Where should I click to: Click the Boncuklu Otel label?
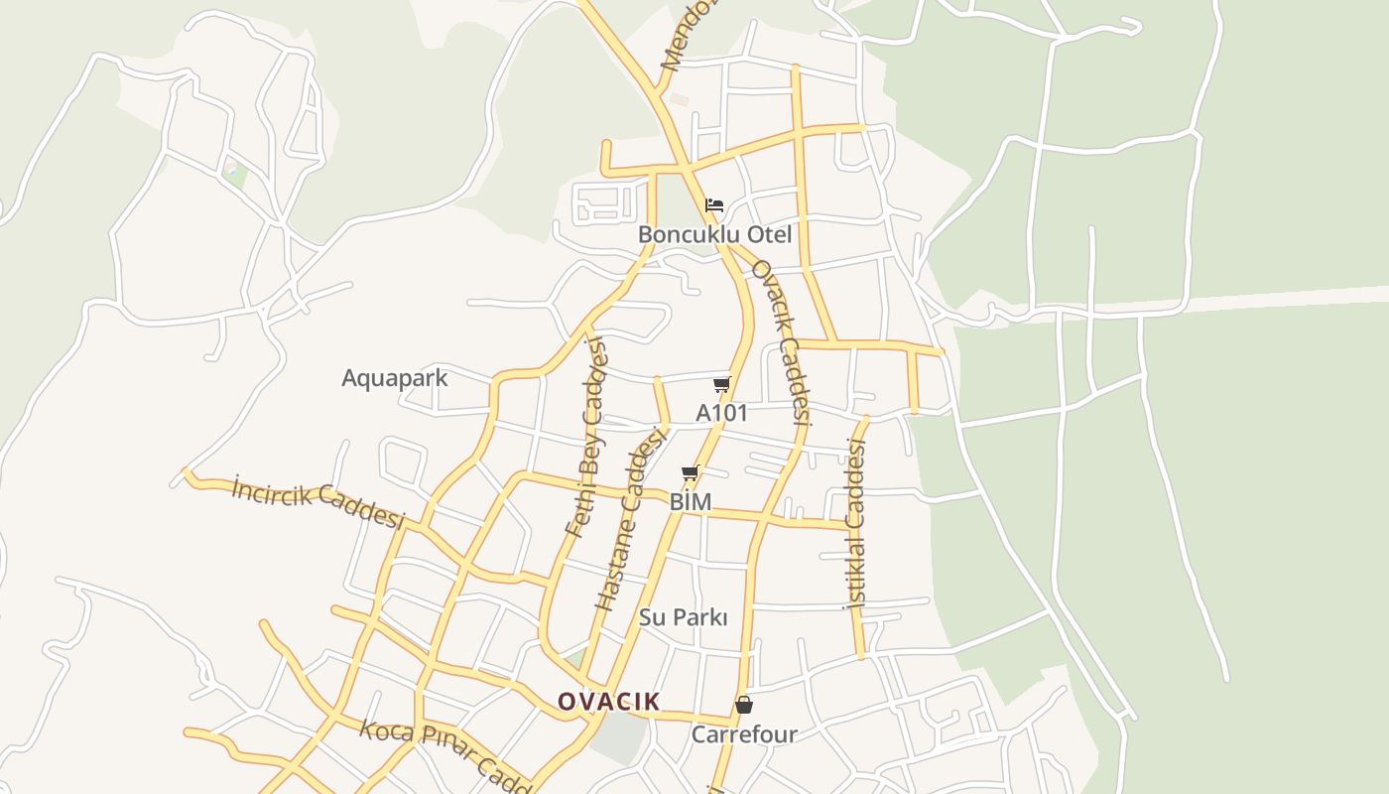point(714,235)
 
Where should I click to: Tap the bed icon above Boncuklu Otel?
point(714,206)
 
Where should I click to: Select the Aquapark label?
point(395,378)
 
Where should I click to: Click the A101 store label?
point(721,413)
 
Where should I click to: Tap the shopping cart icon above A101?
point(721,385)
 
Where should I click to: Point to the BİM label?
point(691,502)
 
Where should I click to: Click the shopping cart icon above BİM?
point(691,473)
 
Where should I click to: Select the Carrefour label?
point(744,734)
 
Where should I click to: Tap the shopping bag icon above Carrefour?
point(744,706)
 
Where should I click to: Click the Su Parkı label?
point(684,617)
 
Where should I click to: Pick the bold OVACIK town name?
point(608,702)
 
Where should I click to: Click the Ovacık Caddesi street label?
point(782,342)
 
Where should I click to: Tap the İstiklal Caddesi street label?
point(855,523)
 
